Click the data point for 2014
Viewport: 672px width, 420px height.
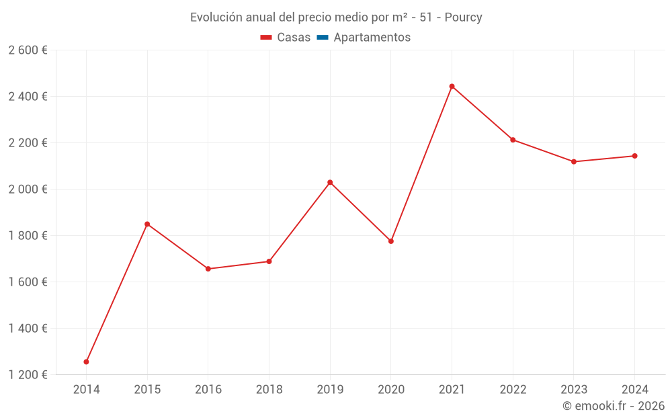[x=86, y=362]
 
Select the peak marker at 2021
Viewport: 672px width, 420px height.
[x=452, y=86]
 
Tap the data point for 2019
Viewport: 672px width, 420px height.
[x=330, y=182]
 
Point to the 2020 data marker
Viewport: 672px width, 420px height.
[x=391, y=241]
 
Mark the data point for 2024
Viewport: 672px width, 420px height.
[x=634, y=156]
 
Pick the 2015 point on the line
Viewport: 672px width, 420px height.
[x=147, y=224]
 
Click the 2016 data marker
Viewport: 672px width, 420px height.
[x=208, y=269]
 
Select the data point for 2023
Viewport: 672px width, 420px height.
[x=574, y=161]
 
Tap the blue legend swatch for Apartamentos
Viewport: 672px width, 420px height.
[x=322, y=38]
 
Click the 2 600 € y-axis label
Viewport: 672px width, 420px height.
[x=28, y=50]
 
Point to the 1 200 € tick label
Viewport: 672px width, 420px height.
[x=28, y=375]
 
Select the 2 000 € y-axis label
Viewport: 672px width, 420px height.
[x=28, y=190]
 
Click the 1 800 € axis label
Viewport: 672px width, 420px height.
[x=28, y=236]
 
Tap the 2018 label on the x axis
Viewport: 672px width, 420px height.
[x=269, y=389]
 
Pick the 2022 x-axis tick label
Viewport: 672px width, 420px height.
[x=513, y=389]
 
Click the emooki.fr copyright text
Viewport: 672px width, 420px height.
[x=614, y=406]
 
